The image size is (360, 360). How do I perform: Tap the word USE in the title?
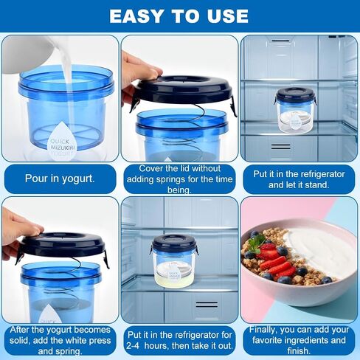[227, 16]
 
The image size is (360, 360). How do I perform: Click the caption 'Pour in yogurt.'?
[60, 179]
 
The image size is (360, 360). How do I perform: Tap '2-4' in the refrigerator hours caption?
[134, 346]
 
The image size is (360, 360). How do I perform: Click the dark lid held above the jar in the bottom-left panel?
[63, 245]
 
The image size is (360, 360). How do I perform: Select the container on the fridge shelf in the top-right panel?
[295, 110]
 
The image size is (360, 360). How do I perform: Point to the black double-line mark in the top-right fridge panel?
[280, 147]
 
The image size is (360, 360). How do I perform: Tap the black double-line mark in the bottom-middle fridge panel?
[207, 304]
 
